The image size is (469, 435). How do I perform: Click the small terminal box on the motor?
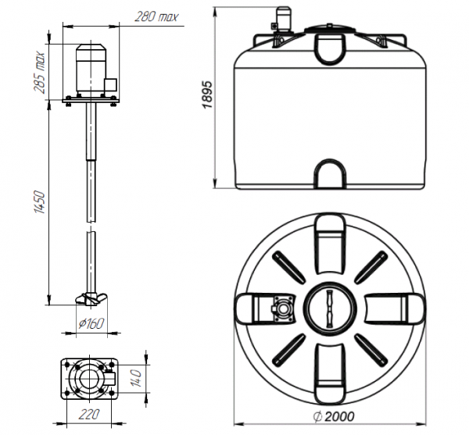point(111,83)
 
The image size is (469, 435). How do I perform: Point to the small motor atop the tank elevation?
point(283,18)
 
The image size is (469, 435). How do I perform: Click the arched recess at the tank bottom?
point(330,174)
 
